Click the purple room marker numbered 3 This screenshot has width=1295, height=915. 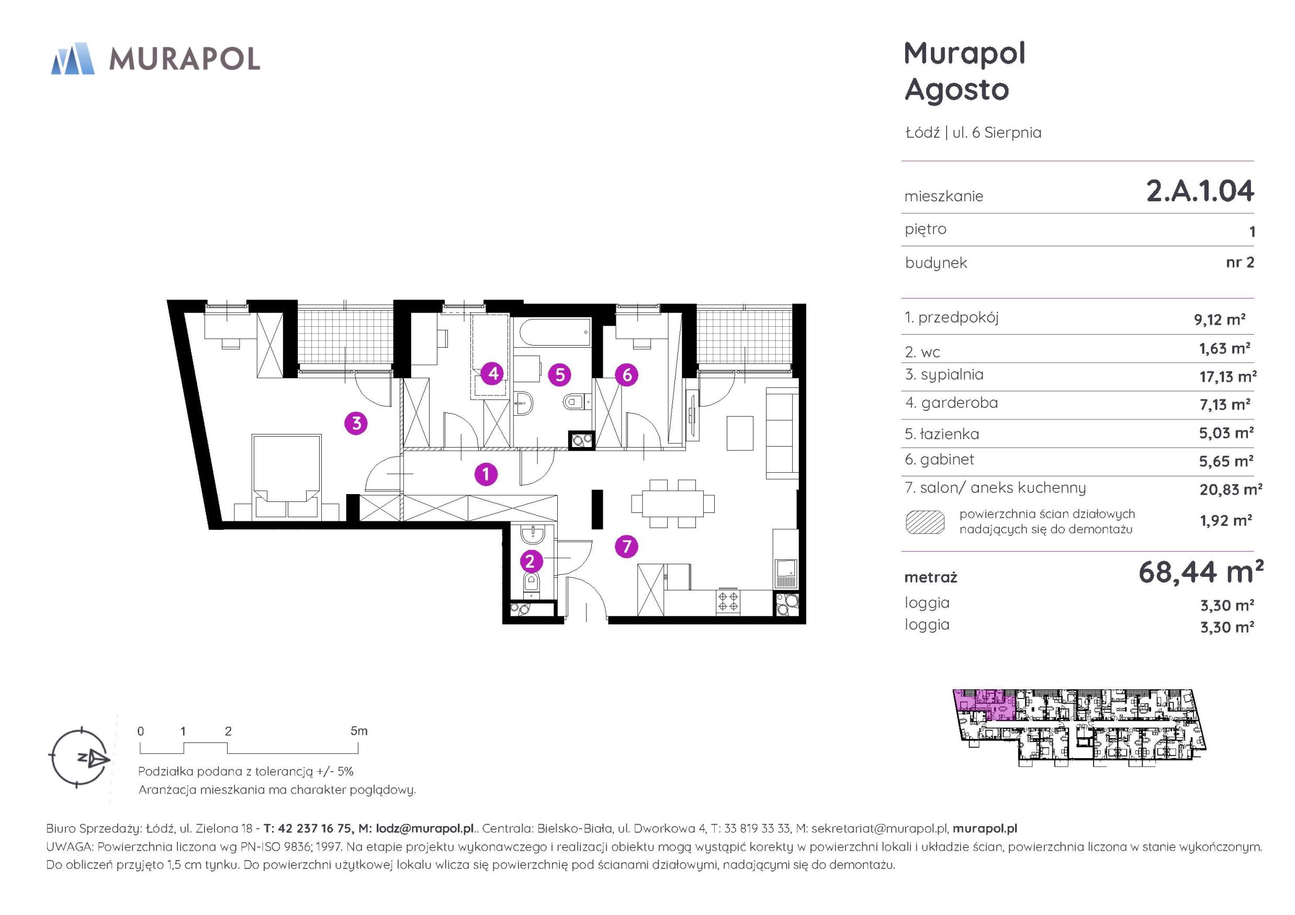[356, 423]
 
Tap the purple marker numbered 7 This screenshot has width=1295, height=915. [626, 546]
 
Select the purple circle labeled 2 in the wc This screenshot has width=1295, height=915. [530, 561]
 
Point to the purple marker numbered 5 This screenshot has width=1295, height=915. [559, 375]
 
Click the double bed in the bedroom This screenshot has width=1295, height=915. [287, 476]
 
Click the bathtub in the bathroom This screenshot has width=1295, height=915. [556, 333]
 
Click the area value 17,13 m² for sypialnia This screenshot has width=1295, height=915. [1228, 376]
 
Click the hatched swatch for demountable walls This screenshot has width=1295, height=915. [925, 522]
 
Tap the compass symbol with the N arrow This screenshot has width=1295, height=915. [79, 757]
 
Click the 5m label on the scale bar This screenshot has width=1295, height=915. [359, 731]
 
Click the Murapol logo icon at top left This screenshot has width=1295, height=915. [73, 58]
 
